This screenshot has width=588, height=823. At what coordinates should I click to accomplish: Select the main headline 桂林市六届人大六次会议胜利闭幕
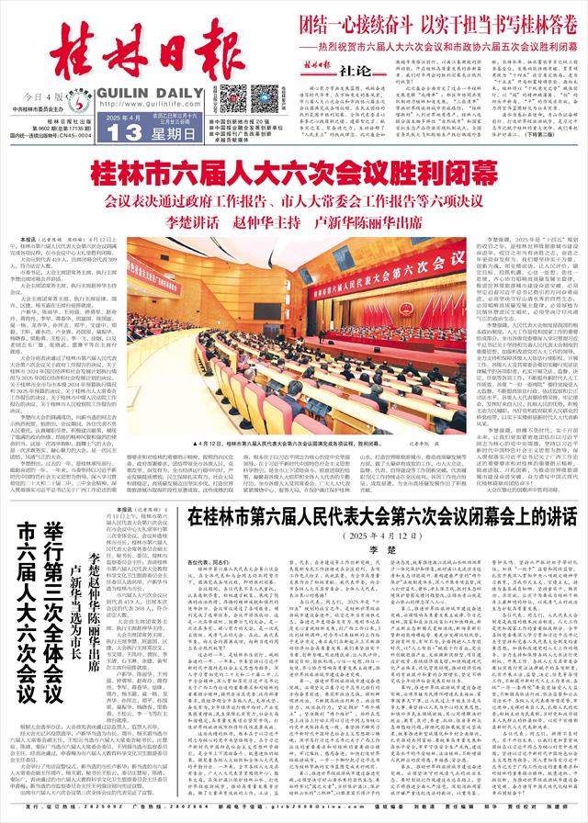(x=293, y=171)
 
